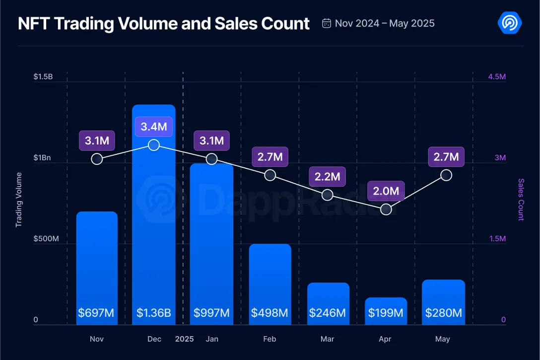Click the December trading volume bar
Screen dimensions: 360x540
154,214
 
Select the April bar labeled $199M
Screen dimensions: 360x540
386,311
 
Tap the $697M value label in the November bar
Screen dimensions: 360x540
96,313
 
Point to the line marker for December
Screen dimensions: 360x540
154,144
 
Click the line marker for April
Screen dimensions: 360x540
386,210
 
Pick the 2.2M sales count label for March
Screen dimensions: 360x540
328,176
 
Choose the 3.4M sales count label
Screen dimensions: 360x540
154,127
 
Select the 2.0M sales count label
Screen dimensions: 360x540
386,191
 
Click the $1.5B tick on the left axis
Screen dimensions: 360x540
43,77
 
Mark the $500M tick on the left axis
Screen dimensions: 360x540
46,239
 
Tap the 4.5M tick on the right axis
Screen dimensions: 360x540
496,77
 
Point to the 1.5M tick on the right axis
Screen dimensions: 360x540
496,239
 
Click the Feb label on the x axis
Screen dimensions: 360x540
270,339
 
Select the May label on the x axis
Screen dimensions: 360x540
443,339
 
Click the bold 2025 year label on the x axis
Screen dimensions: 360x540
185,339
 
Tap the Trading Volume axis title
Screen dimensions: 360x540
19,200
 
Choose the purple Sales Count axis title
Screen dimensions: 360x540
521,200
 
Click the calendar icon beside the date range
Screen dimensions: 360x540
327,23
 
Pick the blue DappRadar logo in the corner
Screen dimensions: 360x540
509,23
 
